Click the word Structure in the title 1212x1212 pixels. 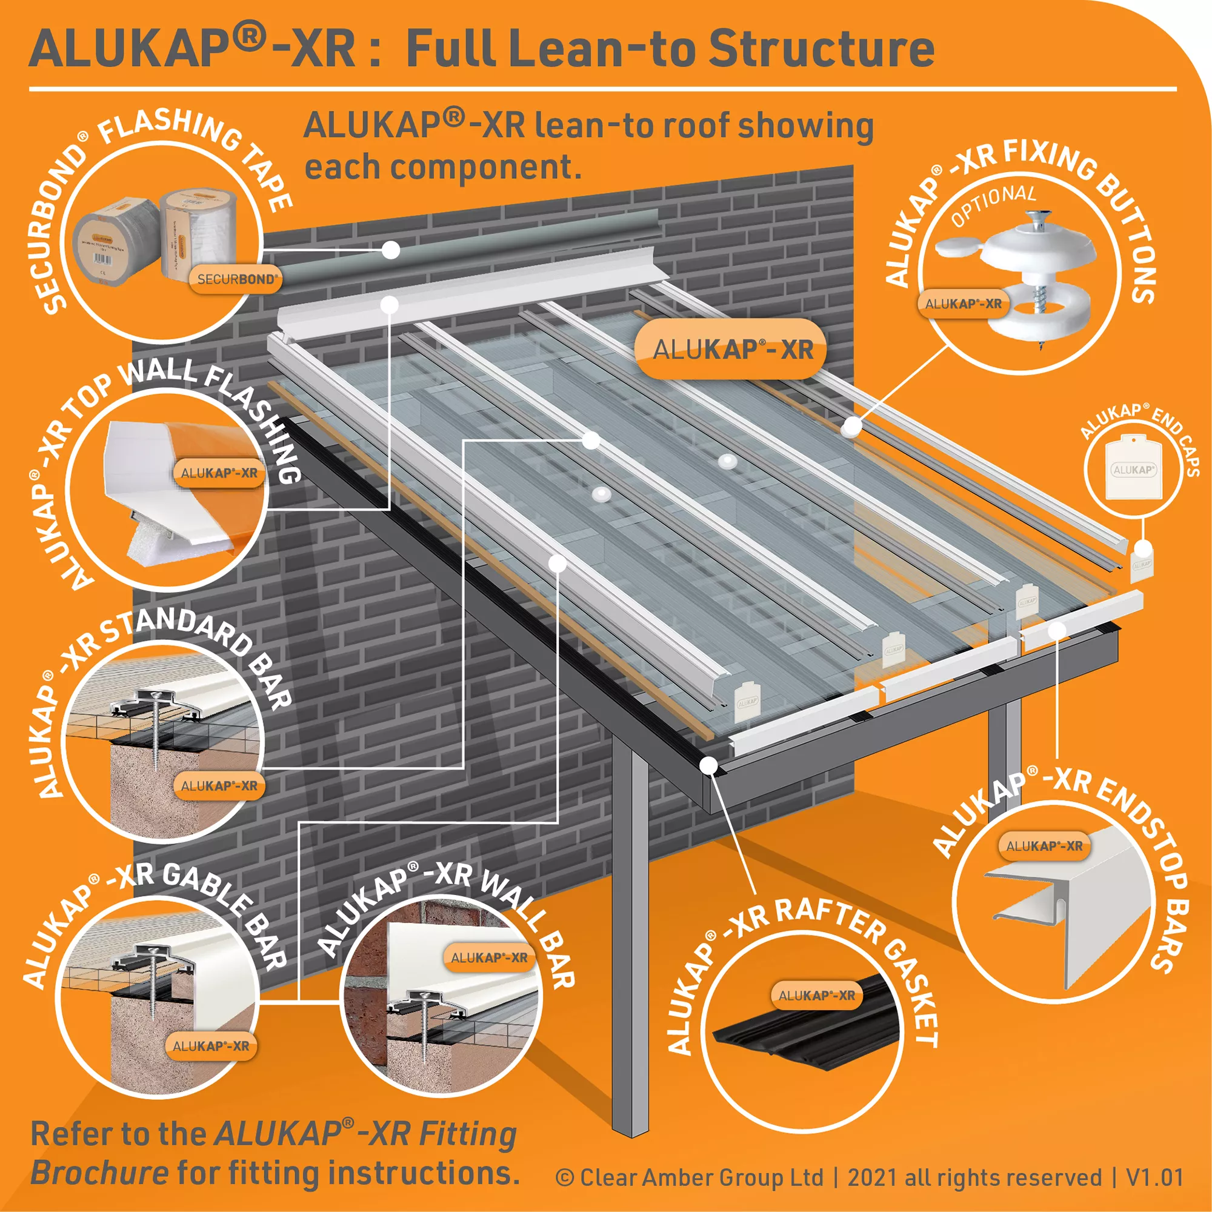click(821, 49)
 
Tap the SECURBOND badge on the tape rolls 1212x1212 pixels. click(235, 279)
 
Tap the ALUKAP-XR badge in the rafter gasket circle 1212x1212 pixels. click(816, 996)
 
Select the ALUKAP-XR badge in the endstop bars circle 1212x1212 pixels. click(1044, 846)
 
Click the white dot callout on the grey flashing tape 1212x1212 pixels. click(391, 250)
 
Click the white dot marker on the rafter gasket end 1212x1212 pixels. click(709, 765)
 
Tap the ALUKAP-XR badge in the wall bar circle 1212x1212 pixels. click(489, 958)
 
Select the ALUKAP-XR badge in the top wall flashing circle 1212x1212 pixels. click(219, 473)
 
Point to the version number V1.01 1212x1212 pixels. click(1154, 1177)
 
